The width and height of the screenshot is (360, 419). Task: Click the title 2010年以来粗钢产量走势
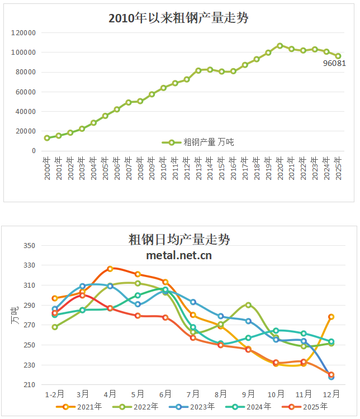[x=178, y=18]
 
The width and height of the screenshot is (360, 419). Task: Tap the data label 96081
[x=334, y=63]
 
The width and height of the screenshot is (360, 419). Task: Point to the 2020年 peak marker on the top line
[x=280, y=46]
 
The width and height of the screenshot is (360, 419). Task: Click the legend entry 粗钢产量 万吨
[x=198, y=142]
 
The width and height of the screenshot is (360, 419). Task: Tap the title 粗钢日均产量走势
[x=179, y=240]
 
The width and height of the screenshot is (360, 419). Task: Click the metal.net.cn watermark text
[x=179, y=255]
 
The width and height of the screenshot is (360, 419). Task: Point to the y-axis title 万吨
[x=16, y=315]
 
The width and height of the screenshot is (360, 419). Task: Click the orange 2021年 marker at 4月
[x=110, y=269]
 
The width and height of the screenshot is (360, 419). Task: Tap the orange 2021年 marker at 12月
[x=331, y=317]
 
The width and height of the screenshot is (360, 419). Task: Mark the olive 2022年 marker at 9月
[x=248, y=305]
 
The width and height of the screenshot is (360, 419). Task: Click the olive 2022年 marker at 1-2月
[x=55, y=327]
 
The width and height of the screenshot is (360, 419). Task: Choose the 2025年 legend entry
[x=310, y=407]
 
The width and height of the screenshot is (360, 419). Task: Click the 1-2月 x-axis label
[x=55, y=393]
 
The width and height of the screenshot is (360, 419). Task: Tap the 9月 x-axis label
[x=248, y=393]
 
